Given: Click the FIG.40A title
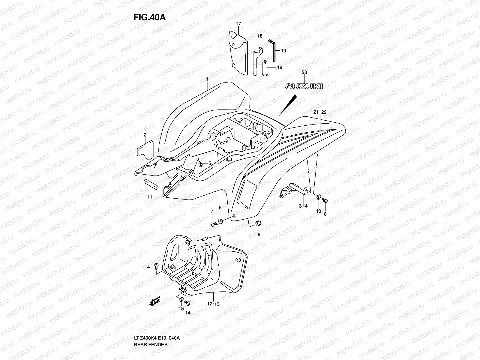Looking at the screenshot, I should pyautogui.click(x=149, y=17).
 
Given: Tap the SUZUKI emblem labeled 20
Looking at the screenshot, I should pyautogui.click(x=304, y=86).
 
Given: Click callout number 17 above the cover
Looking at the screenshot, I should pyautogui.click(x=238, y=24).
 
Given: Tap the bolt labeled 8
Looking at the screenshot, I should pyautogui.click(x=324, y=200).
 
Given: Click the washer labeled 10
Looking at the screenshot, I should pyautogui.click(x=318, y=198).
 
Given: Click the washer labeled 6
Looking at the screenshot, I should pyautogui.click(x=220, y=221).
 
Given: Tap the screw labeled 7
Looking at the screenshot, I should pyautogui.click(x=213, y=224).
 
